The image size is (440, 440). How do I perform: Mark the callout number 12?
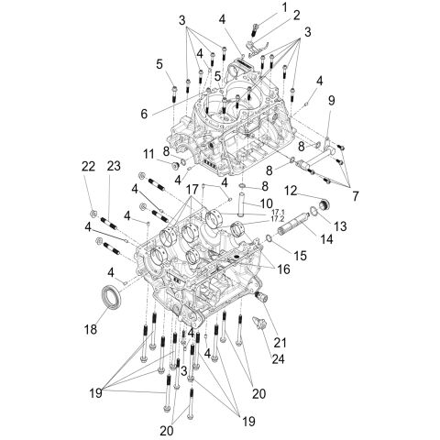(290, 191)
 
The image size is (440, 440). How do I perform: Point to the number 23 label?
(113, 165)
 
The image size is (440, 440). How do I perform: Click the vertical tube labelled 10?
(240, 209)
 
